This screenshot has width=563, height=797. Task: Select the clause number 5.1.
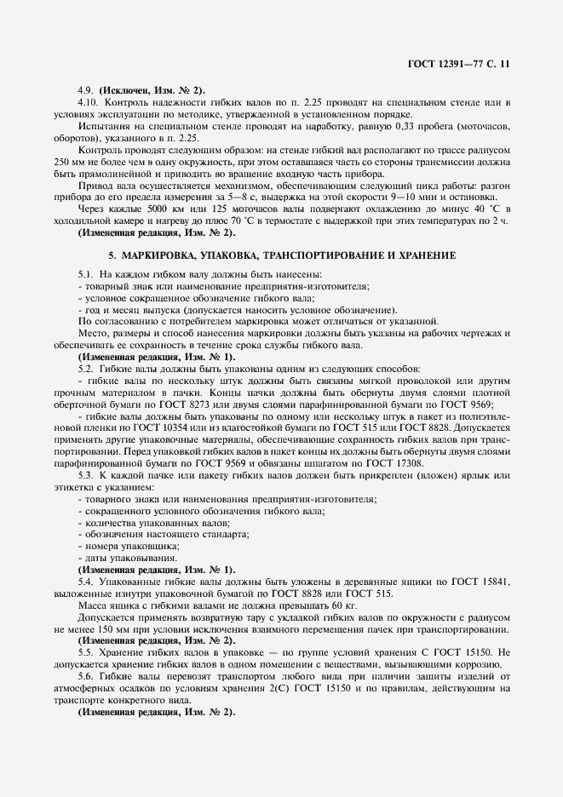click(x=85, y=273)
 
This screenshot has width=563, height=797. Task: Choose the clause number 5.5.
click(x=85, y=652)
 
